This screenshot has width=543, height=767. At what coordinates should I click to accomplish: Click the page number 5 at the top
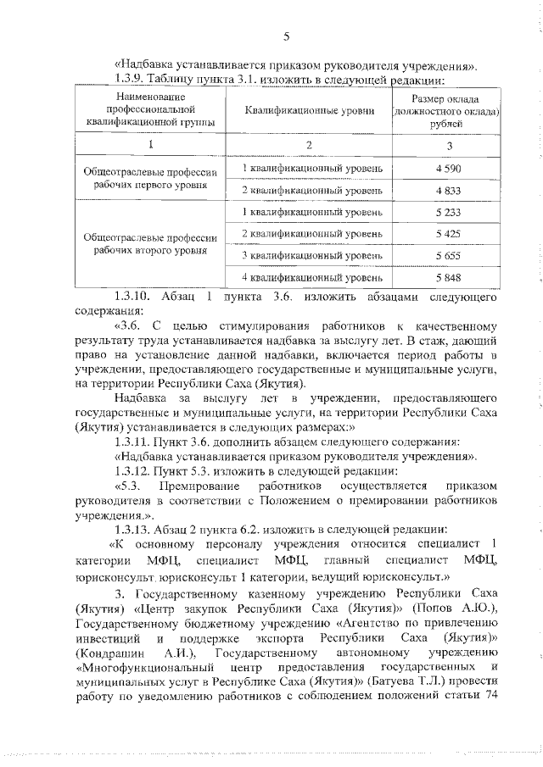point(286,36)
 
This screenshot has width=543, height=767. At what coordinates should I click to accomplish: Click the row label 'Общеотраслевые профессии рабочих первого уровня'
point(150,179)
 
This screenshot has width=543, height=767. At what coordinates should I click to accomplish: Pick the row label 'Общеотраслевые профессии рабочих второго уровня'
point(150,244)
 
